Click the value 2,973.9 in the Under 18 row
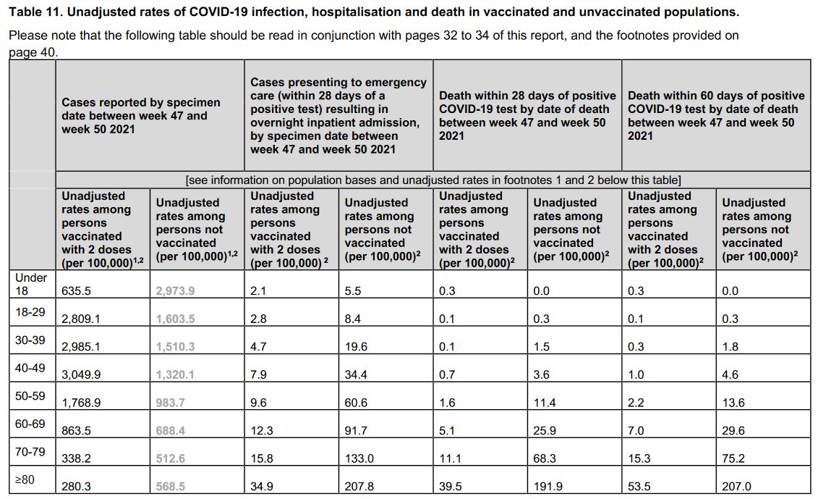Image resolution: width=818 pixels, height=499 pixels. pos(175,291)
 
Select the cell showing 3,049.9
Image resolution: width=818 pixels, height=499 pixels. pos(81,374)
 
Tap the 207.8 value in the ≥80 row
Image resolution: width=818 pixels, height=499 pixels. pos(359,487)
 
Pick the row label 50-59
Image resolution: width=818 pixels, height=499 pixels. pos(30,396)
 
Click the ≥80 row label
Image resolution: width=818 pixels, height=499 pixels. pos(25,479)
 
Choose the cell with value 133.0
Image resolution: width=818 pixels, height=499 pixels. pos(359,458)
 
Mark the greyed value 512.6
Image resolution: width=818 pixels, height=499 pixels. pos(170,458)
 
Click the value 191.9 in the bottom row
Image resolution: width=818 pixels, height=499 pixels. pos(548,487)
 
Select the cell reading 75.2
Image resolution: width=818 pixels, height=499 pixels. pos(733,458)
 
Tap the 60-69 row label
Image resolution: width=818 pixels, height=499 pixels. pos(30,424)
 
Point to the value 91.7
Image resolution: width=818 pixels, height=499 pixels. pos(356,430)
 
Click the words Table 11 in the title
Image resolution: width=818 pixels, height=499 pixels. pos(35,12)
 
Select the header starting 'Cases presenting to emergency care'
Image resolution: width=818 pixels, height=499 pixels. pos(338,115)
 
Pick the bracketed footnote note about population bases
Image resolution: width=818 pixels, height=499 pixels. pos(433,180)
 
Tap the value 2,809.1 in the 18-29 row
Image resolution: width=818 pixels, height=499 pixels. pos(81,319)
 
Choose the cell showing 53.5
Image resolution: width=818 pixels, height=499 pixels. pos(639,487)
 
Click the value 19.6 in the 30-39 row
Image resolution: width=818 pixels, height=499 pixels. pos(356,346)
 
